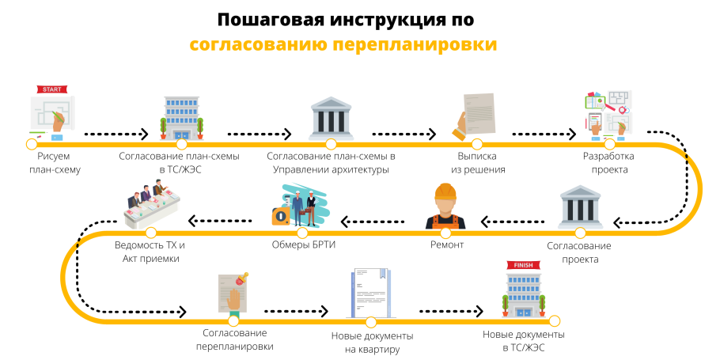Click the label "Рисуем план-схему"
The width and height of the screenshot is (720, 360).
point(55,163)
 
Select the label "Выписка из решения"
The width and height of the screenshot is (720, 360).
point(478,163)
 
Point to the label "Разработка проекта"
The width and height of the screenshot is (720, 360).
point(608,163)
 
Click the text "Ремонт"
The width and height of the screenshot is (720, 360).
point(447,245)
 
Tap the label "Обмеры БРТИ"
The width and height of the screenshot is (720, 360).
point(303,245)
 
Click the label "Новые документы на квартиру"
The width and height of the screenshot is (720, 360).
point(371,343)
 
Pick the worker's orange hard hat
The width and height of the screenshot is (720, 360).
point(447,192)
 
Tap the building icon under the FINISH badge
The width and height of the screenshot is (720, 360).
point(521,296)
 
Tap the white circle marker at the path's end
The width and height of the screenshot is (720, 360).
point(554,320)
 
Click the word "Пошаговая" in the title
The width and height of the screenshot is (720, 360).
point(268,19)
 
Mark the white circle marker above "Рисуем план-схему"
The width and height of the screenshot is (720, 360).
point(31,145)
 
